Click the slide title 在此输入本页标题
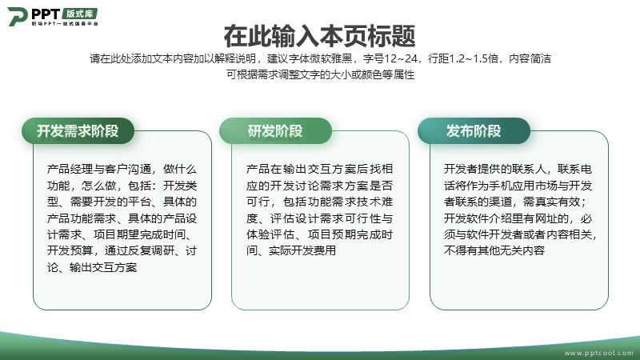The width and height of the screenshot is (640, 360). coord(319,36)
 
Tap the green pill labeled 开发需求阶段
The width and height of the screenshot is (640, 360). coord(78,131)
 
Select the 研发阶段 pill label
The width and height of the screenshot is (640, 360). coord(275,131)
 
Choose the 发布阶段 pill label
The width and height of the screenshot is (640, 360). coord(474,131)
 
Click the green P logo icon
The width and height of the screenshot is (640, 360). coord(17,16)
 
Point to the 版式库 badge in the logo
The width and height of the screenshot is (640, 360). coord(80,14)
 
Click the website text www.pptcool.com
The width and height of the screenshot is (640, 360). coord(598,353)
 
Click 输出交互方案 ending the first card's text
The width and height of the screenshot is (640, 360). coord(103,267)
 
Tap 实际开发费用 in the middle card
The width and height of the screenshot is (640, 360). coord(302,250)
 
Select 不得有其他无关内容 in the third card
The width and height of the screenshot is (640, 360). coord(494,250)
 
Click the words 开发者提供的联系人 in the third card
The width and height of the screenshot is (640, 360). coord(494,169)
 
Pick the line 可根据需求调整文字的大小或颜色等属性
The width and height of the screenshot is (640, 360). coord(321,74)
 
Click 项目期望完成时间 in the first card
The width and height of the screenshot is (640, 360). coord(139,234)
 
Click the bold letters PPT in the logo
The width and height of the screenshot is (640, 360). coord(46,14)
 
